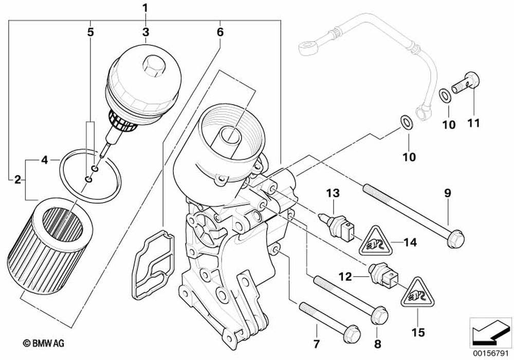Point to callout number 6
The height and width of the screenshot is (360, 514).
tap(220, 31)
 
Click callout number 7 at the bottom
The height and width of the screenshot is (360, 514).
tap(317, 343)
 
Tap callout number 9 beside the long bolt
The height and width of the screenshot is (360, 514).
tap(447, 193)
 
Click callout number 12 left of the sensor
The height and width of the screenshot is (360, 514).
tap(345, 277)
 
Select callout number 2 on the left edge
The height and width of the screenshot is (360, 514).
tap(17, 179)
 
